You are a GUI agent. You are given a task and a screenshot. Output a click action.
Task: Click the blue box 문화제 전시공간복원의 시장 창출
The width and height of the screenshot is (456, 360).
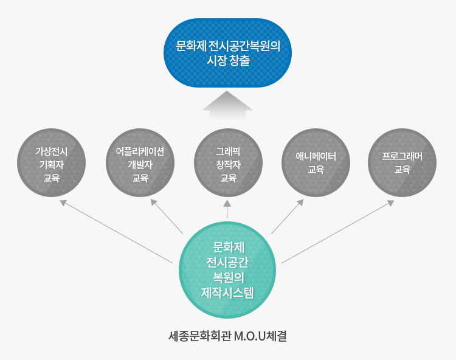[227, 53]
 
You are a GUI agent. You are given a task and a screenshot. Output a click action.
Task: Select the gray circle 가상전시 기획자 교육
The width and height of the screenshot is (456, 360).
[52, 163]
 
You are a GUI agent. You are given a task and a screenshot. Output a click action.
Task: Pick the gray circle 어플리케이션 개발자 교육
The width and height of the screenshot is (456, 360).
[140, 163]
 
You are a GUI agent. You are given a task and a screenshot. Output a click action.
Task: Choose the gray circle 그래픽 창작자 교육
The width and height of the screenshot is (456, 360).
[228, 163]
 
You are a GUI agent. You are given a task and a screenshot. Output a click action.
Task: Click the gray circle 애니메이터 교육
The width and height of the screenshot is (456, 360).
[316, 163]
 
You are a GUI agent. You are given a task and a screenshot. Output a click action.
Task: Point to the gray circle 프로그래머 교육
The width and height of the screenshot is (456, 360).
[402, 163]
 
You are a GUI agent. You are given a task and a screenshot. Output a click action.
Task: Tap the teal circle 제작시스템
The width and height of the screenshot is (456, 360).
[227, 270]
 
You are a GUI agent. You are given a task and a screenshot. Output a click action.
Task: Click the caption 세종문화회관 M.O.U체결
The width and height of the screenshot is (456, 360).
[228, 336]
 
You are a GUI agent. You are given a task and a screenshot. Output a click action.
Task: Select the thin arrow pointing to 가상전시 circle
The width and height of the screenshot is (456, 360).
[116, 232]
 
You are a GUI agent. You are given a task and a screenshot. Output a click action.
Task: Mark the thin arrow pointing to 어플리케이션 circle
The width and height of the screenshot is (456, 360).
[167, 216]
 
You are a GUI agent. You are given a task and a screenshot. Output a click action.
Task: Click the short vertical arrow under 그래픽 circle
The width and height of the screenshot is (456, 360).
[227, 209]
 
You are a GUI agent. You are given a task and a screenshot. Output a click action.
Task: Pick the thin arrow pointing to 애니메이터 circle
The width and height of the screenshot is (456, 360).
[288, 216]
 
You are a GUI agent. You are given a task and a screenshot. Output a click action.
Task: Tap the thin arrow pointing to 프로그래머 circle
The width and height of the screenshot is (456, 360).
[338, 232]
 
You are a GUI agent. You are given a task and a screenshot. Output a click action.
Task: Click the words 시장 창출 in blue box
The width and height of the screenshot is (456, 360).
[228, 60]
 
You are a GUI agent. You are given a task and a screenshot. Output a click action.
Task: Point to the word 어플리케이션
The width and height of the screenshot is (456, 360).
[140, 151]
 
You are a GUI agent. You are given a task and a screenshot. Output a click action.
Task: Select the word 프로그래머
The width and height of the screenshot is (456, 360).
[402, 156]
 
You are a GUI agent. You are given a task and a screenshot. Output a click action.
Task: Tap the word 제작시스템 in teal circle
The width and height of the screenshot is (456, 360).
[227, 292]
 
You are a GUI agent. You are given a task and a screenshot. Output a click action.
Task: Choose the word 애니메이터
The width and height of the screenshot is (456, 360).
[316, 156]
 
